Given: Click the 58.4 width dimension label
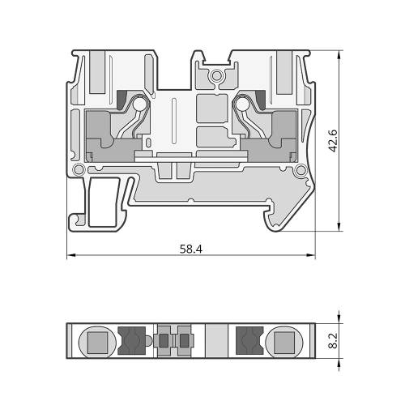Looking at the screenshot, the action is coord(191,249).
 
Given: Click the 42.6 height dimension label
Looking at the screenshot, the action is coord(333,141).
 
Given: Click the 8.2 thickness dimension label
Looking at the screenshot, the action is coord(334,340).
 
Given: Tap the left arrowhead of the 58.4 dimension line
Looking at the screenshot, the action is coord(70,255).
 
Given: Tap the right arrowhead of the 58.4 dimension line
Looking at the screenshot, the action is coord(311,255).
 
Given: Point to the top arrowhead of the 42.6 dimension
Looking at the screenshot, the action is coord(339,54).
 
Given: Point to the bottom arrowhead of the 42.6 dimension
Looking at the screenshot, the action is coord(339,227).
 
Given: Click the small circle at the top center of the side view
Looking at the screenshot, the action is coord(216,76).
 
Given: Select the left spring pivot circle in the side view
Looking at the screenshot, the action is coord(139,104).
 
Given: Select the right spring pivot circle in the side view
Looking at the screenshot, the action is coord(242,104).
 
